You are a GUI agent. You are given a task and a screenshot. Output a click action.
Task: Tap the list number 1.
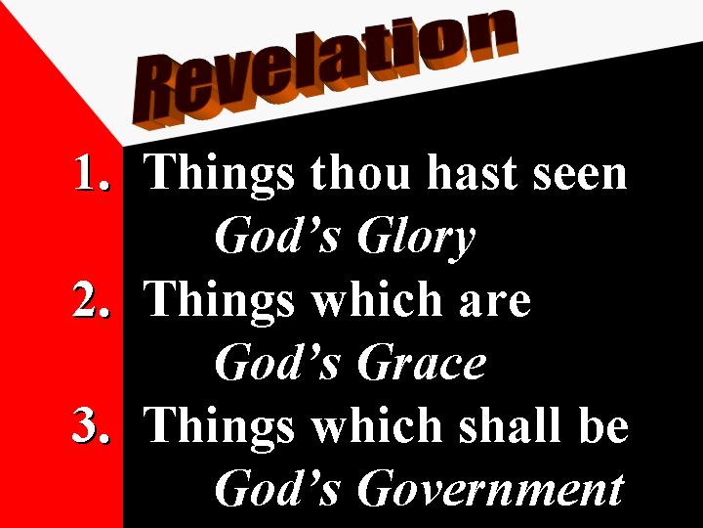[x=92, y=172]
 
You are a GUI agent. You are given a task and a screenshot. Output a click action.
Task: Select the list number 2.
[x=91, y=298]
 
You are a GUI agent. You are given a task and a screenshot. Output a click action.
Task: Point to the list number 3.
[x=91, y=424]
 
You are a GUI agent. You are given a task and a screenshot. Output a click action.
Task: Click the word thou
[x=359, y=171]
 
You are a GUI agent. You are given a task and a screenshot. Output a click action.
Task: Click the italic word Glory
[x=417, y=239]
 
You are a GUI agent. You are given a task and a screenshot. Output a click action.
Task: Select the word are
[x=495, y=302]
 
